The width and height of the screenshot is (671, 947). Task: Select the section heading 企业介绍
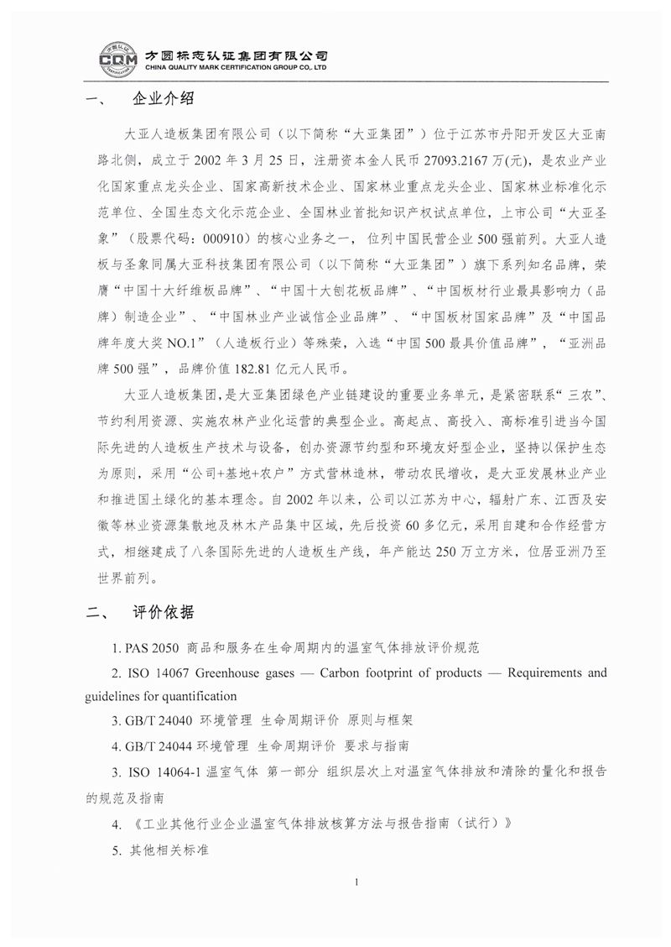tap(164, 100)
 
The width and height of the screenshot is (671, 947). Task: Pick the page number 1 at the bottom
tap(357, 882)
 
